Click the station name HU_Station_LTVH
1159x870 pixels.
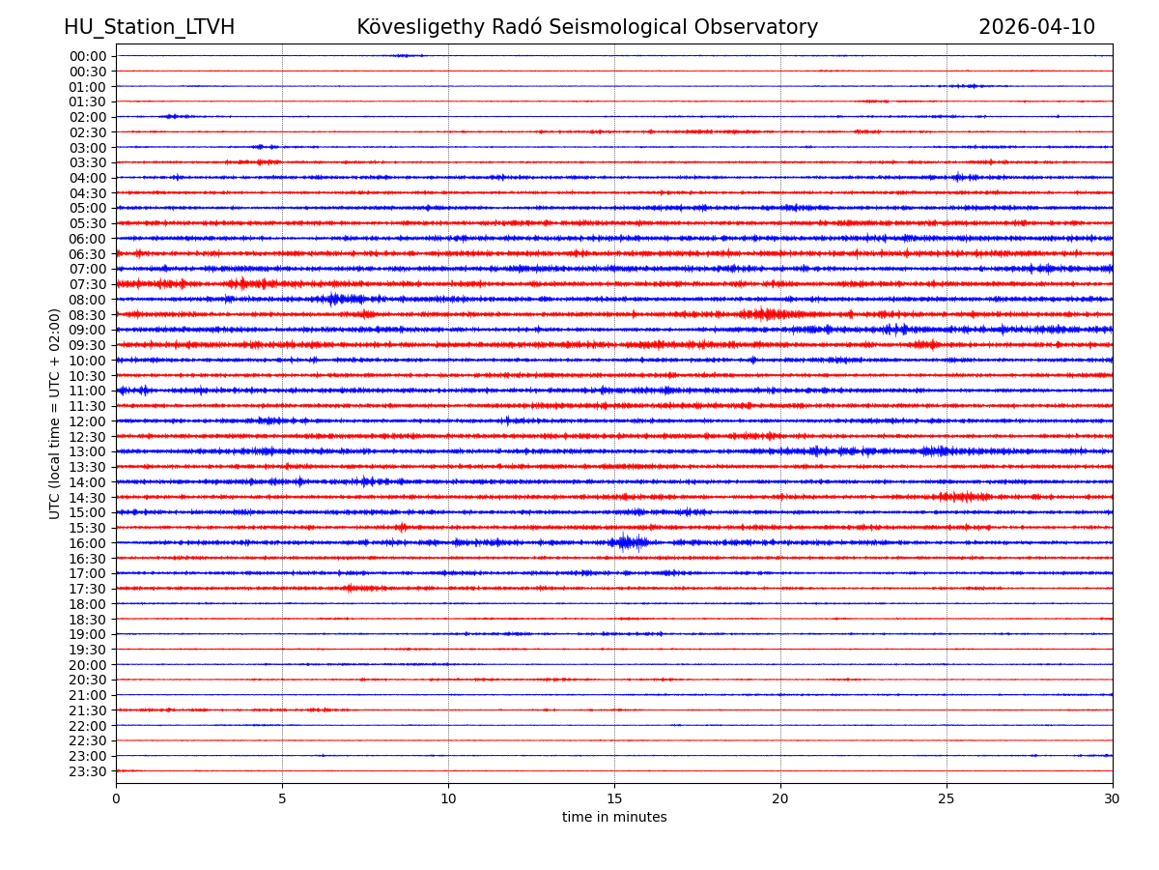(x=149, y=27)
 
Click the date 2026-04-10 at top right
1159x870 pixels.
(x=1036, y=27)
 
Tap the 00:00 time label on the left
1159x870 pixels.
(x=88, y=56)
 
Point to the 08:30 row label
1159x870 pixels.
(x=88, y=315)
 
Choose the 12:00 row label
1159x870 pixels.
(x=88, y=421)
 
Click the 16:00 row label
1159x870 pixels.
(x=88, y=543)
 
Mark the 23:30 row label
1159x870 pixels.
(x=88, y=771)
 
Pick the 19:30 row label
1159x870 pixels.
(x=88, y=650)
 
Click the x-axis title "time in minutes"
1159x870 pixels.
(x=614, y=818)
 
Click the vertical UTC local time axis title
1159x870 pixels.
(x=55, y=414)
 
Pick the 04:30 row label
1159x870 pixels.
(x=88, y=193)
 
